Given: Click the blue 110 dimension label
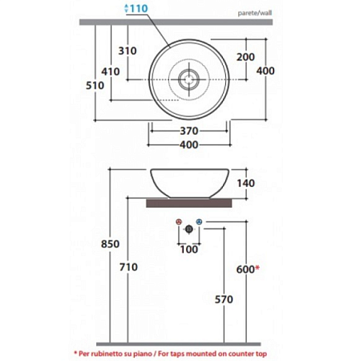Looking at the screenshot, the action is click(x=136, y=8).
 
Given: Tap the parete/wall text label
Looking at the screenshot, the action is click(x=255, y=13).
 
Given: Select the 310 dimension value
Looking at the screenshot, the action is click(x=127, y=51).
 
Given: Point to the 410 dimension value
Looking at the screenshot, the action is click(x=111, y=71).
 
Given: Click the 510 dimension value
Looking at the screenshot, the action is click(x=95, y=85).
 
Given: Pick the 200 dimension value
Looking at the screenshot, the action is click(x=245, y=57).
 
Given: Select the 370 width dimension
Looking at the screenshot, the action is click(x=189, y=131).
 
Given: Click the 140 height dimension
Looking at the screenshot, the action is click(x=246, y=183).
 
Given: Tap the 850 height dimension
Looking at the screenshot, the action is click(x=110, y=244).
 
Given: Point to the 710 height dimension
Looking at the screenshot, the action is click(x=128, y=267).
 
